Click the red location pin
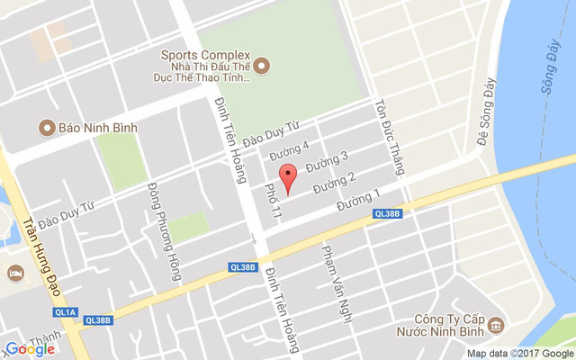point(287,178)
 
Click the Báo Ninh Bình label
point(98,127)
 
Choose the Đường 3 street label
point(327,162)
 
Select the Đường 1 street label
point(358,200)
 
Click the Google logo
point(30,348)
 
